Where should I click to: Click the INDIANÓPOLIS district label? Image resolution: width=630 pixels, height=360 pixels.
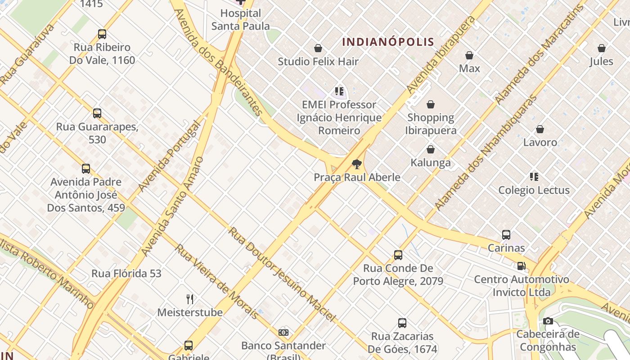pos(388,42)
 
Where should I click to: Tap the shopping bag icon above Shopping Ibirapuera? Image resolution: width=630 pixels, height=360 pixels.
pos(431,105)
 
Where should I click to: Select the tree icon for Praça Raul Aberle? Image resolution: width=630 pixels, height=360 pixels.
pos(357,164)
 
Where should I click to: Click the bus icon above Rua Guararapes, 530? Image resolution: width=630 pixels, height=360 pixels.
pos(97,113)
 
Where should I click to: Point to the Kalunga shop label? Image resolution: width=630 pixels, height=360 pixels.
pos(431,162)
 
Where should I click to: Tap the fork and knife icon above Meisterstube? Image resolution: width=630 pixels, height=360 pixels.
pos(190,299)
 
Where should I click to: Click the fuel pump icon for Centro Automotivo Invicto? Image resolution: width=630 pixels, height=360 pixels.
pos(521,266)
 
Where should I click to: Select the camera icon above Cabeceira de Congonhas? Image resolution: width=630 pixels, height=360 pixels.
pos(548,321)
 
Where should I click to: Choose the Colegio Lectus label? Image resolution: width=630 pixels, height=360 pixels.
pos(534,190)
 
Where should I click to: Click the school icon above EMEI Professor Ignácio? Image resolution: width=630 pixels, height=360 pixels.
pos(339,92)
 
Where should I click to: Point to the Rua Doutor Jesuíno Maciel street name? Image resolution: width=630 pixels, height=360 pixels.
pos(282,275)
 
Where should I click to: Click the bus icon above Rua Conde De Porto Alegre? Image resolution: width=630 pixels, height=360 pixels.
pos(398,255)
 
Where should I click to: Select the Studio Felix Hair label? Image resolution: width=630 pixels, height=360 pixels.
pos(318,62)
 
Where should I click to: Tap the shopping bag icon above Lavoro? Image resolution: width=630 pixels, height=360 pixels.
pos(540,130)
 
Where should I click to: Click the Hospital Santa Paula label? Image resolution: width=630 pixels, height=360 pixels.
pos(241,20)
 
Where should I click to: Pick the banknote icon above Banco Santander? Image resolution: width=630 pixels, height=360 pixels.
pos(283,333)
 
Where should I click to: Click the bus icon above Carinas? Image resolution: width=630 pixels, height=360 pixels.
pos(506,235)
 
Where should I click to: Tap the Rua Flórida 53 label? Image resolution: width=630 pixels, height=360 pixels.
pos(126,274)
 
